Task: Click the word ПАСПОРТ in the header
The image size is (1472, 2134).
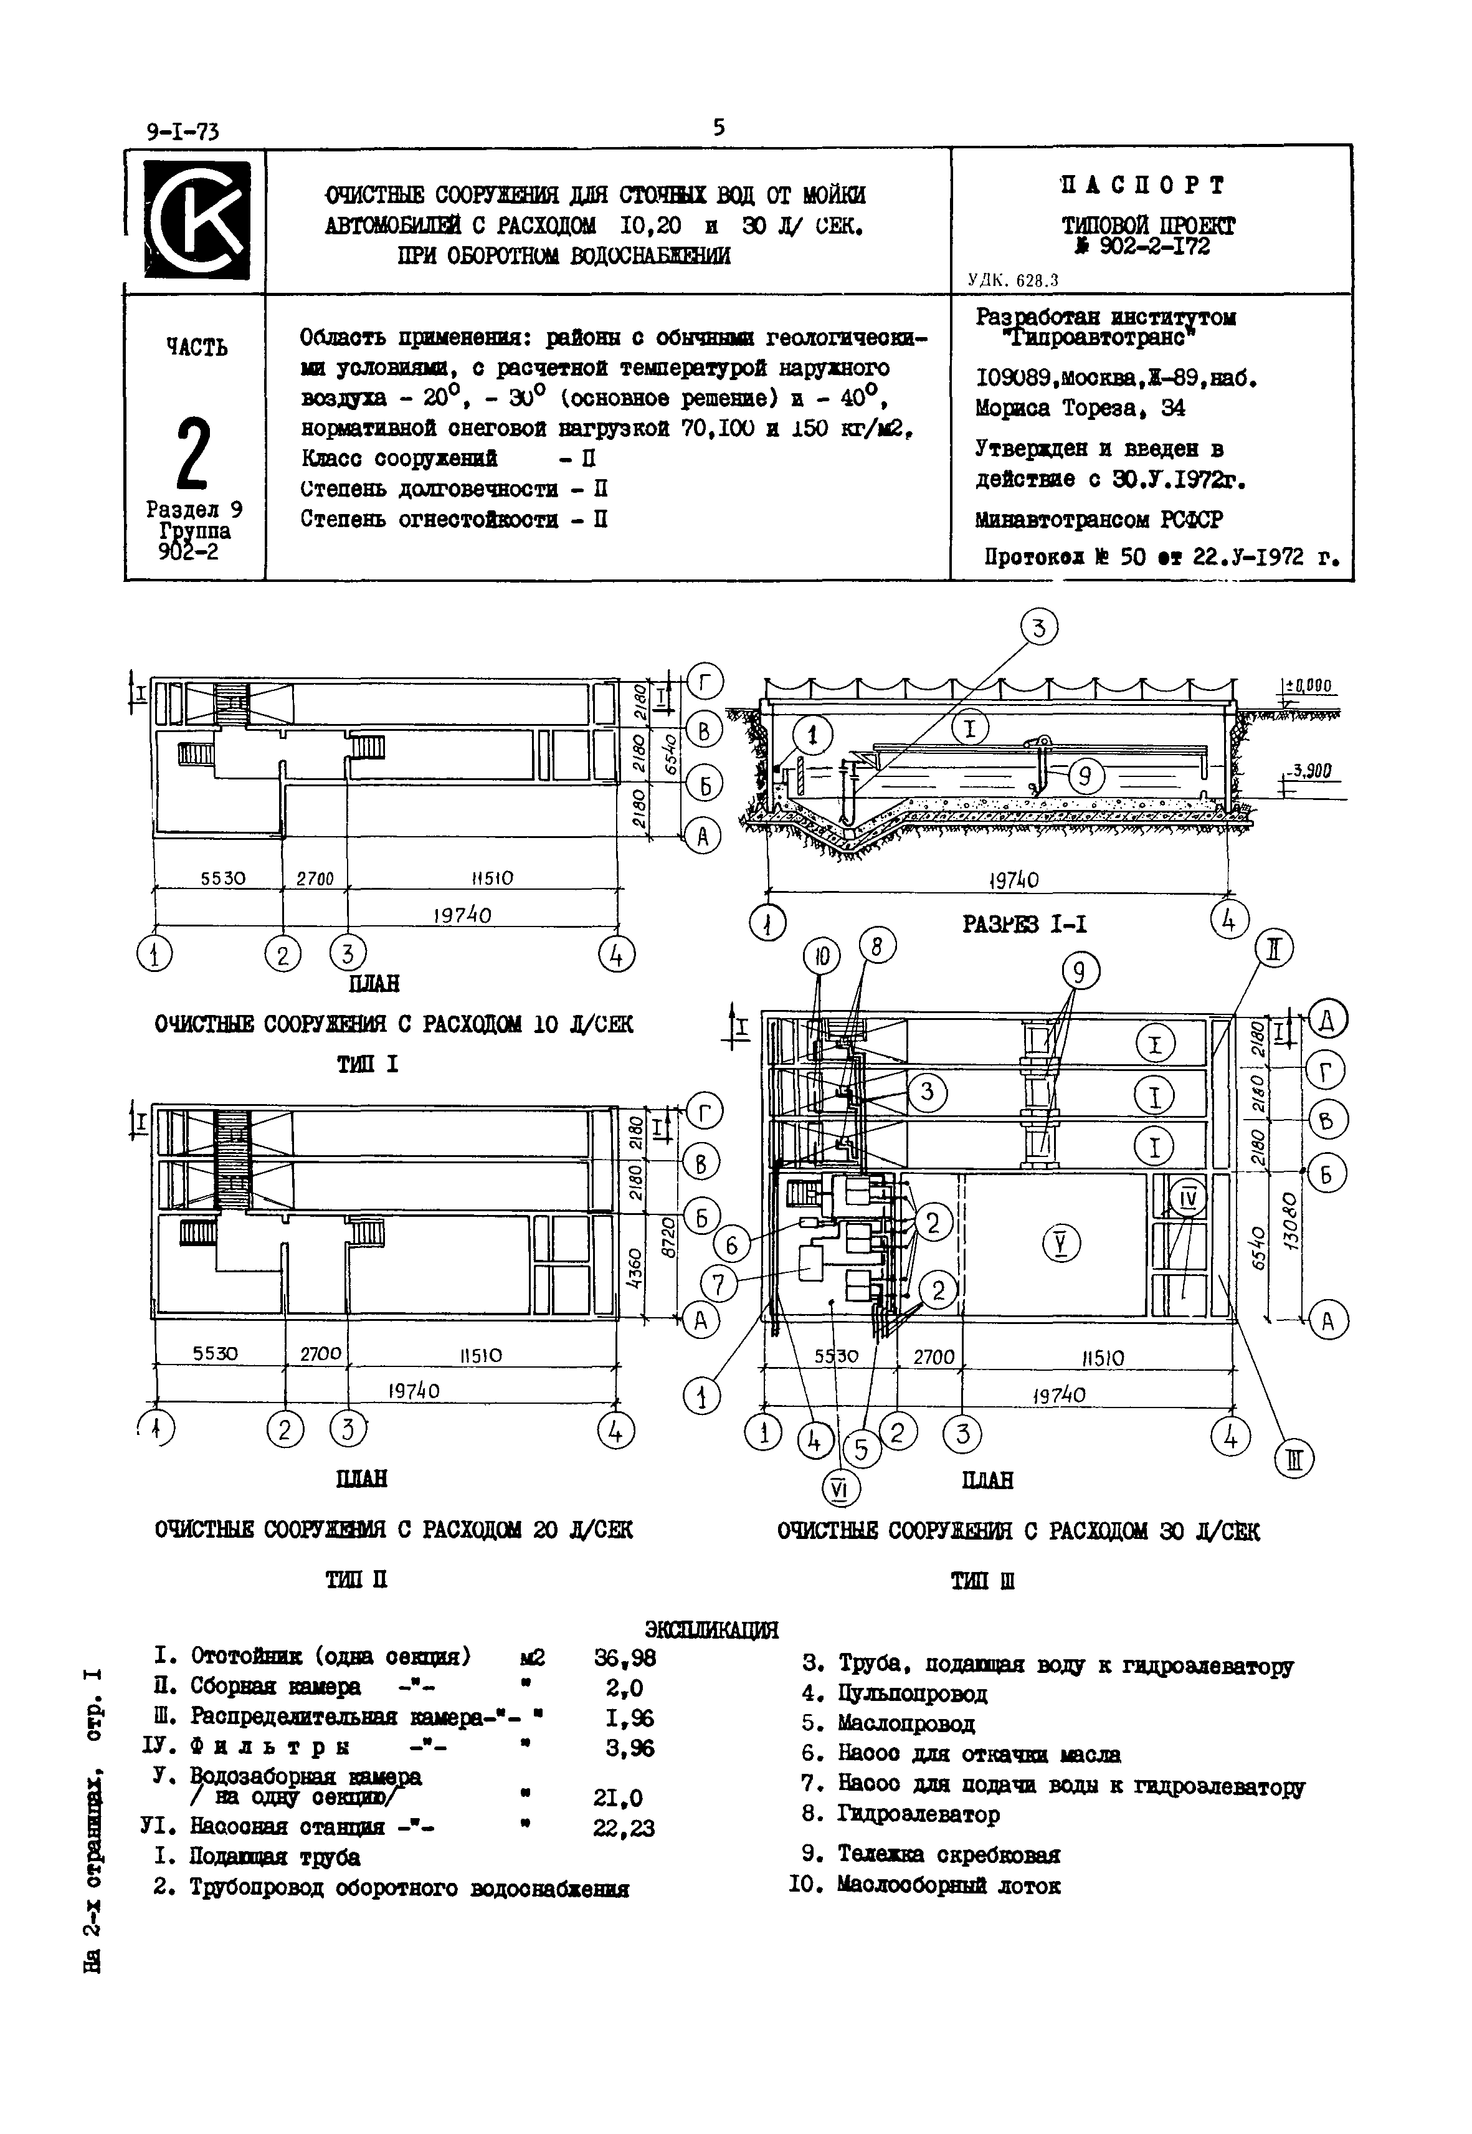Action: click(x=1142, y=186)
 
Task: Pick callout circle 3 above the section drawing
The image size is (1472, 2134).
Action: click(x=1038, y=629)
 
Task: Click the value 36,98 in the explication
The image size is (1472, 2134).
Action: click(x=624, y=1658)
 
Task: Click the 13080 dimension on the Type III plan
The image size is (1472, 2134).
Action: click(x=1289, y=1217)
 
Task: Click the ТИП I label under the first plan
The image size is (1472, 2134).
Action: click(x=367, y=1064)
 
